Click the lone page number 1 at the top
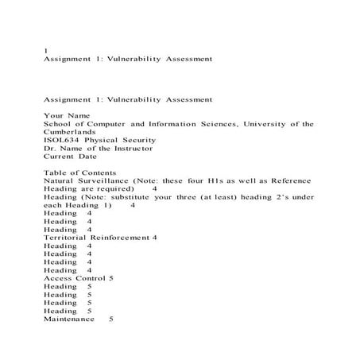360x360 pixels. (x=45, y=50)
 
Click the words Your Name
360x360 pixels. (x=64, y=115)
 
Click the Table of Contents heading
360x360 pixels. (x=80, y=172)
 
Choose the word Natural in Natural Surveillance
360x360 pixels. (x=58, y=180)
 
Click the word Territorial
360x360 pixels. (x=65, y=237)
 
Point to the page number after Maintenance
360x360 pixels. (x=110, y=319)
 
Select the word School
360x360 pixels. (x=57, y=123)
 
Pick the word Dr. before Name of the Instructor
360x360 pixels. (x=50, y=147)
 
